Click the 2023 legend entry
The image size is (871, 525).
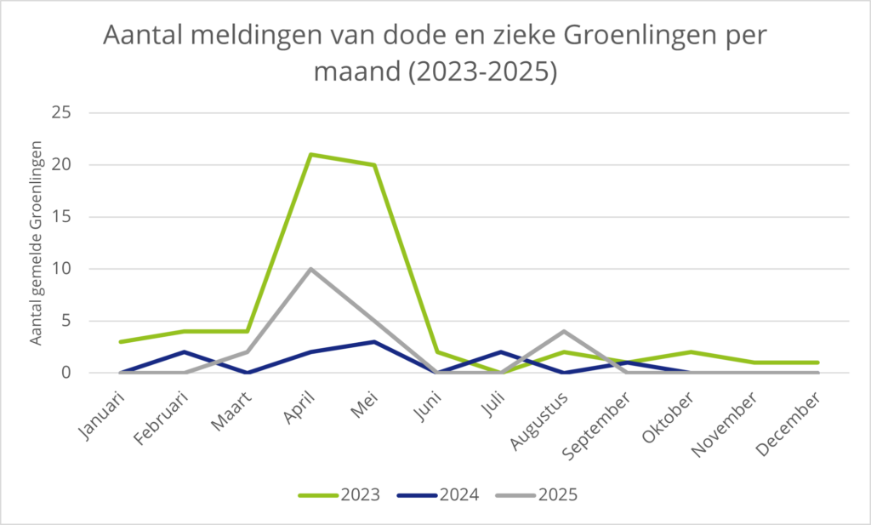[x=339, y=494]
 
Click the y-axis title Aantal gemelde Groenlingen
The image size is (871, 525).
[x=37, y=248]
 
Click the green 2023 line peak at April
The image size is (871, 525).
[x=311, y=155]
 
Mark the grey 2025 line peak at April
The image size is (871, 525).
[x=311, y=269]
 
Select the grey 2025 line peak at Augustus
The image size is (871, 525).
[x=565, y=331]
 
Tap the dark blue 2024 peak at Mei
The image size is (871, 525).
[x=374, y=341]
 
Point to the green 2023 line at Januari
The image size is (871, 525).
[x=121, y=341]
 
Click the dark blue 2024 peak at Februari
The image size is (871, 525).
[x=185, y=351]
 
